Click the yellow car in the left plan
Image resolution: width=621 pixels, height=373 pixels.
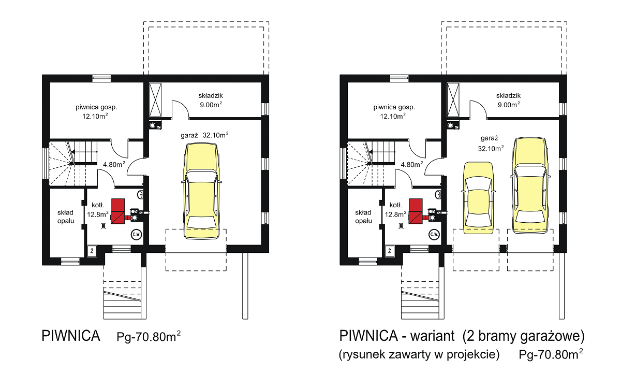[201, 191]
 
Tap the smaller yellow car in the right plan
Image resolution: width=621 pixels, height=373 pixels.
[478, 198]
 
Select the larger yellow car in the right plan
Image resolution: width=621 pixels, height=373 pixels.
[530, 185]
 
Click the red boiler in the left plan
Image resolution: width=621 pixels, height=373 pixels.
[119, 211]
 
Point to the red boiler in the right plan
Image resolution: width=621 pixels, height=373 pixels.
[417, 211]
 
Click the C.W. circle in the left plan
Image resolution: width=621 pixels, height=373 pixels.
[136, 235]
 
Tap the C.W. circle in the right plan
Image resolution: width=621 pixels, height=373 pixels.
[434, 235]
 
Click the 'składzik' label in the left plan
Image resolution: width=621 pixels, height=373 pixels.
[211, 96]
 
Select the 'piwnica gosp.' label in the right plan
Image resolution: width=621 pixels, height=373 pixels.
[394, 107]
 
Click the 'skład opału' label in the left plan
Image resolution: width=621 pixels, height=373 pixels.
[66, 217]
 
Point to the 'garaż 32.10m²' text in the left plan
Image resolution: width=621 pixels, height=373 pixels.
[204, 135]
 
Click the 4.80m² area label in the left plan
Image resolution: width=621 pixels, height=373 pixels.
[114, 164]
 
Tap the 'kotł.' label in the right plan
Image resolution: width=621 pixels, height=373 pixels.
[395, 205]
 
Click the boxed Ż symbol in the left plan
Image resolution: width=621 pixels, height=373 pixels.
[92, 251]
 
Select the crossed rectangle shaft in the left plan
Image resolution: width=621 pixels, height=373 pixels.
[155, 100]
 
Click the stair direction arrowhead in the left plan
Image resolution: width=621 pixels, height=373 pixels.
[73, 152]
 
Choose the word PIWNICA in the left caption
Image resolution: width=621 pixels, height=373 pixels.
[71, 336]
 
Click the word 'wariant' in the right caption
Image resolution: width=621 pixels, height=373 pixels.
[432, 336]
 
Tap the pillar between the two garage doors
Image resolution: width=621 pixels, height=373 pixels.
[503, 248]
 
